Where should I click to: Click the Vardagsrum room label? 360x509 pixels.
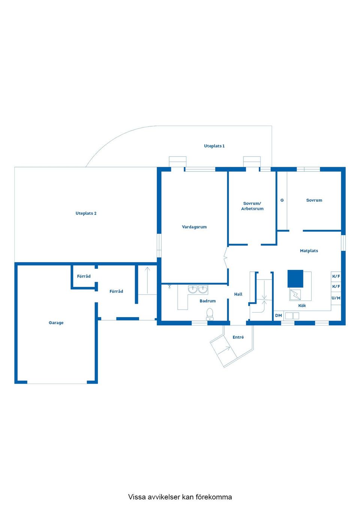click(194, 227)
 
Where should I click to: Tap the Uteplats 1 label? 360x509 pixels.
click(214, 146)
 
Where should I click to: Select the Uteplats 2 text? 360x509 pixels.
click(86, 213)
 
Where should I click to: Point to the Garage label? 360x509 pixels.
click(56, 323)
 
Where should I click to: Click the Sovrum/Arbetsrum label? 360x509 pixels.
click(252, 206)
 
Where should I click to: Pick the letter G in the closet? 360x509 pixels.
click(282, 200)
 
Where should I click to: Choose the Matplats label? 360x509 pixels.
click(309, 251)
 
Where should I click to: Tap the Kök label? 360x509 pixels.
click(302, 306)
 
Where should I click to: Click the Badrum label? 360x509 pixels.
click(207, 301)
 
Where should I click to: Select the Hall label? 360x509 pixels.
click(238, 294)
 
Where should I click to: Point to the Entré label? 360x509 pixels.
click(238, 337)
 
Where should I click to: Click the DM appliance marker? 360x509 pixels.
click(278, 316)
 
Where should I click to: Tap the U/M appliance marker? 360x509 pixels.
click(336, 298)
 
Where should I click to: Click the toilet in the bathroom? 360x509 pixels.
click(210, 314)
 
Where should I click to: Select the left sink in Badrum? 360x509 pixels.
click(193, 289)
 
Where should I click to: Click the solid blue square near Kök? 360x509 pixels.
click(295, 278)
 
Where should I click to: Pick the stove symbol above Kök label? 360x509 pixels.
click(295, 295)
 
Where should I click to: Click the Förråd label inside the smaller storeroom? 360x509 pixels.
click(84, 276)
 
